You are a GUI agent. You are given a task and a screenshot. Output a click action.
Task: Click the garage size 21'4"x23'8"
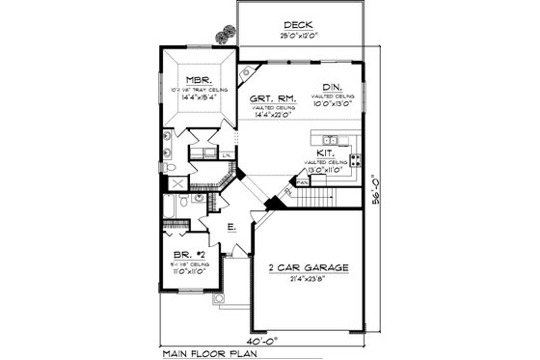(310, 280)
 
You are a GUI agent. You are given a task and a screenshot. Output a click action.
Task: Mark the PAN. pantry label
(302, 180)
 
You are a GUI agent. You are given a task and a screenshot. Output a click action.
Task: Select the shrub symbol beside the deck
(227, 32)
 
